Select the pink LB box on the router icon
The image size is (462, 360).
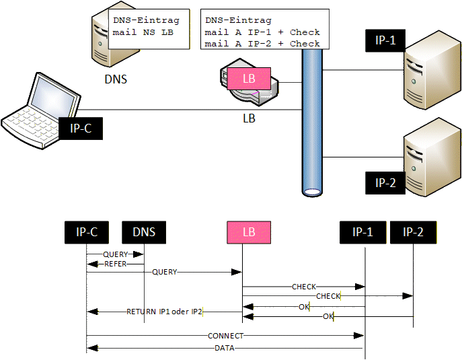(x=249, y=79)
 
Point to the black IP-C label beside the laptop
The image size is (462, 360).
(x=81, y=128)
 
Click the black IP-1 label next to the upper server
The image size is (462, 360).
(x=385, y=40)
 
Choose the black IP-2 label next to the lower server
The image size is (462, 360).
(x=385, y=182)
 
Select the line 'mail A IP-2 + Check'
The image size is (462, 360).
(x=262, y=44)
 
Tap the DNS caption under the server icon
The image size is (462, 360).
(x=116, y=79)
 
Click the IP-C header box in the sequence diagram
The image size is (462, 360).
(x=87, y=232)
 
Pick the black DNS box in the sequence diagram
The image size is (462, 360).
(x=144, y=232)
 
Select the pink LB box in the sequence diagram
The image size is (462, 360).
(x=249, y=232)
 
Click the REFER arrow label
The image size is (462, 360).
(x=115, y=264)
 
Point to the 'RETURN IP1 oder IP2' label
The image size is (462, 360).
(x=164, y=312)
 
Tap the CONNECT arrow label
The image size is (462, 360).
(x=226, y=335)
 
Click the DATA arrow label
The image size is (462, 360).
(x=225, y=348)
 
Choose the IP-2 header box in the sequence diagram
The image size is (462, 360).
(x=413, y=232)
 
